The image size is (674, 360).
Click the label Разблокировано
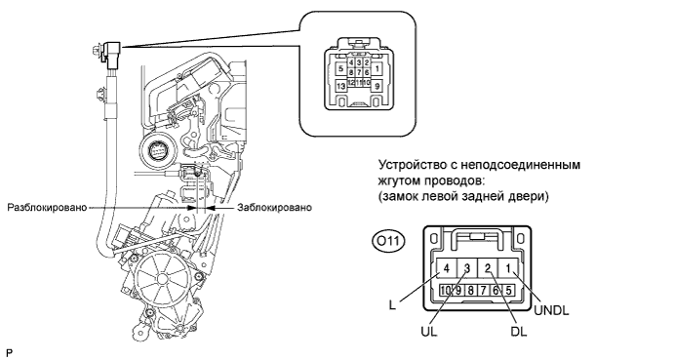pos(47,207)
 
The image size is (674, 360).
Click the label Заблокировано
pos(275,207)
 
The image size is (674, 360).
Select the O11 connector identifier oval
pos(388,241)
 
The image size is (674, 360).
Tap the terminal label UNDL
pos(551,310)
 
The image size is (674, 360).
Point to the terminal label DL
pos(519,331)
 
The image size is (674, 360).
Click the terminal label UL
pos(429,331)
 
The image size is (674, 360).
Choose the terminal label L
pos(391,305)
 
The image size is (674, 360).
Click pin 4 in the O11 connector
pos(447,269)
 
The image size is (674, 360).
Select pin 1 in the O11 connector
pos(508,269)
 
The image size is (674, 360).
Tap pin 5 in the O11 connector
pos(508,291)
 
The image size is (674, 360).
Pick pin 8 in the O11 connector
pos(471,291)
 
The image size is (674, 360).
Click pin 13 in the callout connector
pos(340,87)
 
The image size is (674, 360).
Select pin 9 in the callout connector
pos(377,86)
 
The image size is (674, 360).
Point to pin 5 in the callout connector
pos(340,68)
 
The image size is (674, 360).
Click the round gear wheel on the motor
pos(162,279)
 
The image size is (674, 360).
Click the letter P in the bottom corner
pos(10,353)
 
